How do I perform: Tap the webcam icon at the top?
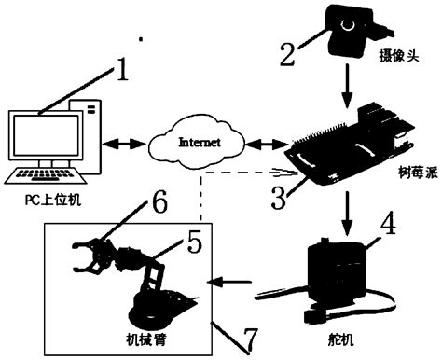click(348, 25)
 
